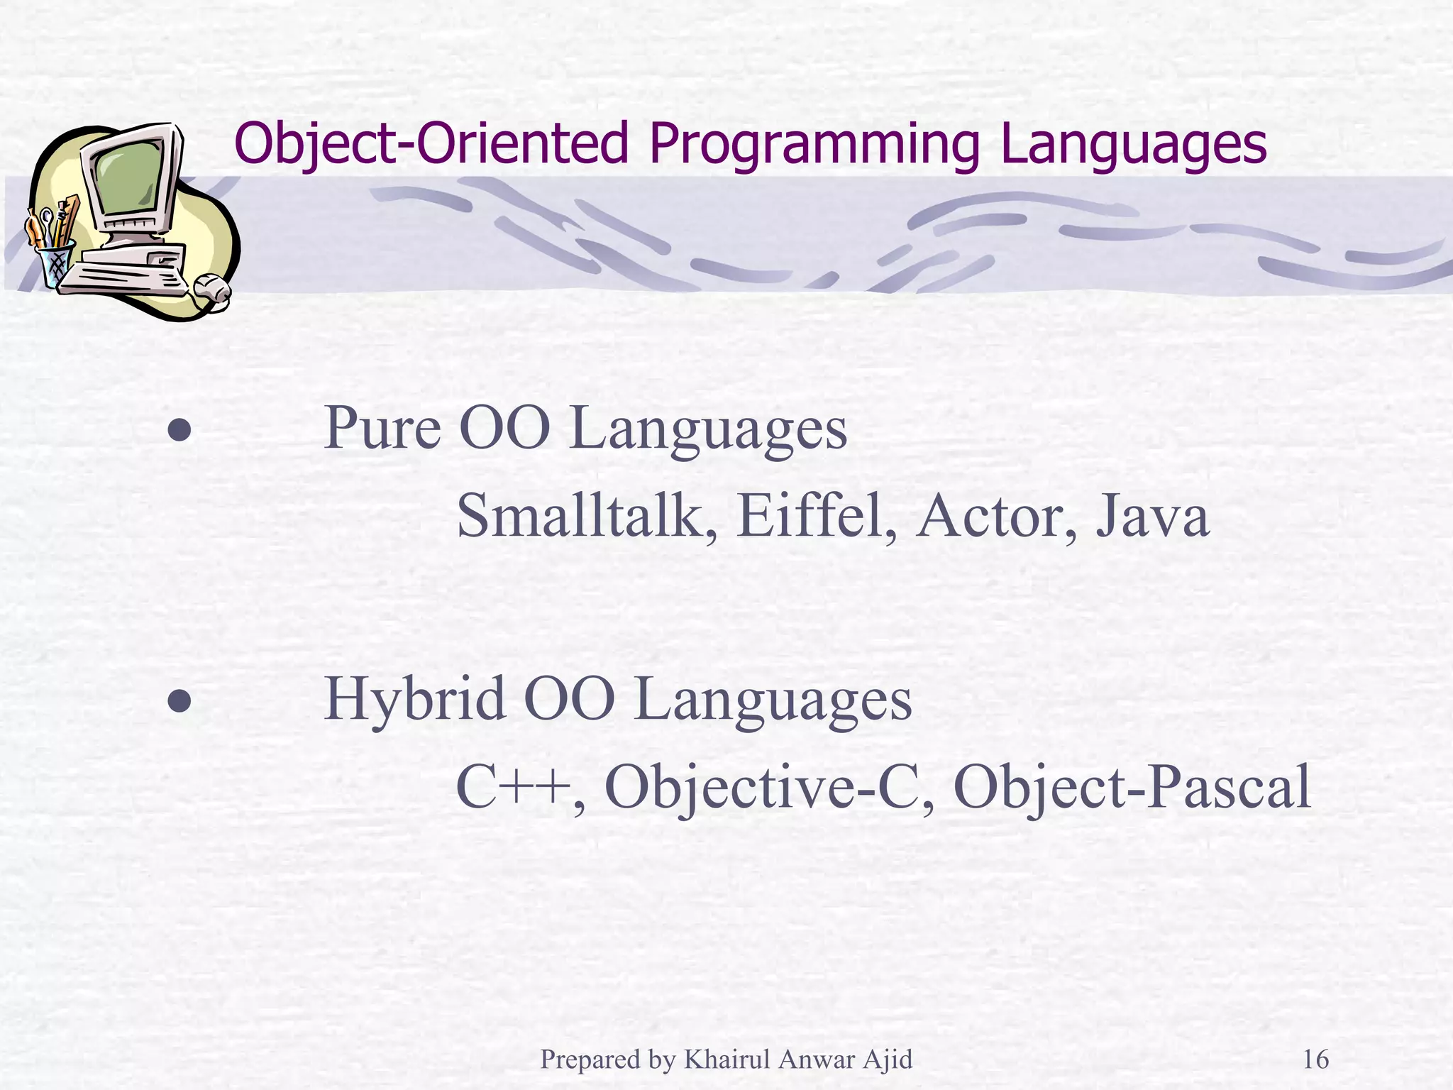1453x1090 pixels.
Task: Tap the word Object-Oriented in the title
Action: tap(431, 145)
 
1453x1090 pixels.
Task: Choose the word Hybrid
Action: tap(414, 700)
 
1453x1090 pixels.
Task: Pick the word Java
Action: tap(1152, 516)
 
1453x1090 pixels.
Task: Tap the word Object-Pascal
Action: tap(1132, 788)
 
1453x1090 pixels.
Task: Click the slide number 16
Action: tap(1315, 1059)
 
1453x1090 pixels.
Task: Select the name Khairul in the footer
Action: tap(726, 1059)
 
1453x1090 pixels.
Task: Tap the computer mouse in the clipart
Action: tap(212, 288)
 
